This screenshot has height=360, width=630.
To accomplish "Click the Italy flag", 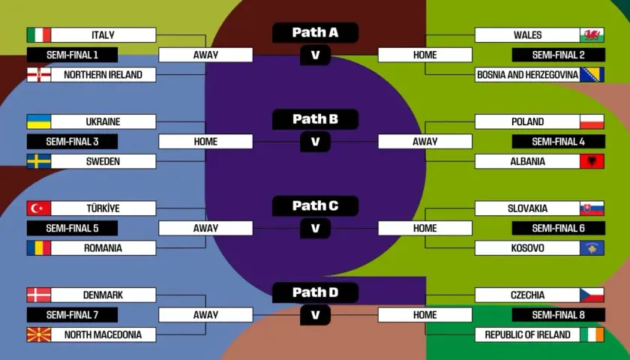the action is pyautogui.click(x=39, y=35).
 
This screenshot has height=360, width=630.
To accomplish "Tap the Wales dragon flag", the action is pyautogui.click(x=592, y=35).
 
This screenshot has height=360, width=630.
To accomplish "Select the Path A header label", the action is pyautogui.click(x=316, y=32).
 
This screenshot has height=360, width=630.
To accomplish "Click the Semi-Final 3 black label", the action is pyautogui.click(x=72, y=142).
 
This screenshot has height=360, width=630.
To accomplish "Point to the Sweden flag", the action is pyautogui.click(x=39, y=161).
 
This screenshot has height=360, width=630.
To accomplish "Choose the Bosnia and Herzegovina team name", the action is pyautogui.click(x=527, y=75).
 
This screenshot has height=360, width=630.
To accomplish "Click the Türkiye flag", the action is pyautogui.click(x=39, y=208).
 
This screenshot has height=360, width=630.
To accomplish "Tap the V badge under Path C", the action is pyautogui.click(x=316, y=228).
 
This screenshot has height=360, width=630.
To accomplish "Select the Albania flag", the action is pyautogui.click(x=592, y=161).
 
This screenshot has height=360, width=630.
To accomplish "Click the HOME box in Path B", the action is pyautogui.click(x=205, y=142).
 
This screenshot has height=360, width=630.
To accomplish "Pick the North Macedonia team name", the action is pyautogui.click(x=103, y=334).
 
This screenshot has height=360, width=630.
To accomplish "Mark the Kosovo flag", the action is pyautogui.click(x=592, y=248).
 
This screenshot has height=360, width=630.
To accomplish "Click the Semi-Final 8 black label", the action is pyautogui.click(x=559, y=315).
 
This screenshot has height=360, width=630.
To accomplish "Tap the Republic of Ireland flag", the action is pyautogui.click(x=592, y=334).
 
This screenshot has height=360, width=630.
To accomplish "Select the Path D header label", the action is pyautogui.click(x=316, y=292).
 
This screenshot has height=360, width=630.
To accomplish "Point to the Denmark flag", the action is pyautogui.click(x=39, y=295).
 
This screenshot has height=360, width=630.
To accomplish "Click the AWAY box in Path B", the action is pyautogui.click(x=425, y=142).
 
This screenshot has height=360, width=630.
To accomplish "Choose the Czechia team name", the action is pyautogui.click(x=527, y=295).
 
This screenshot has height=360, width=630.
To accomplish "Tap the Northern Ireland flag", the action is pyautogui.click(x=39, y=75).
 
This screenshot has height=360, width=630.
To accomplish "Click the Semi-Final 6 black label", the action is pyautogui.click(x=559, y=228).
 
